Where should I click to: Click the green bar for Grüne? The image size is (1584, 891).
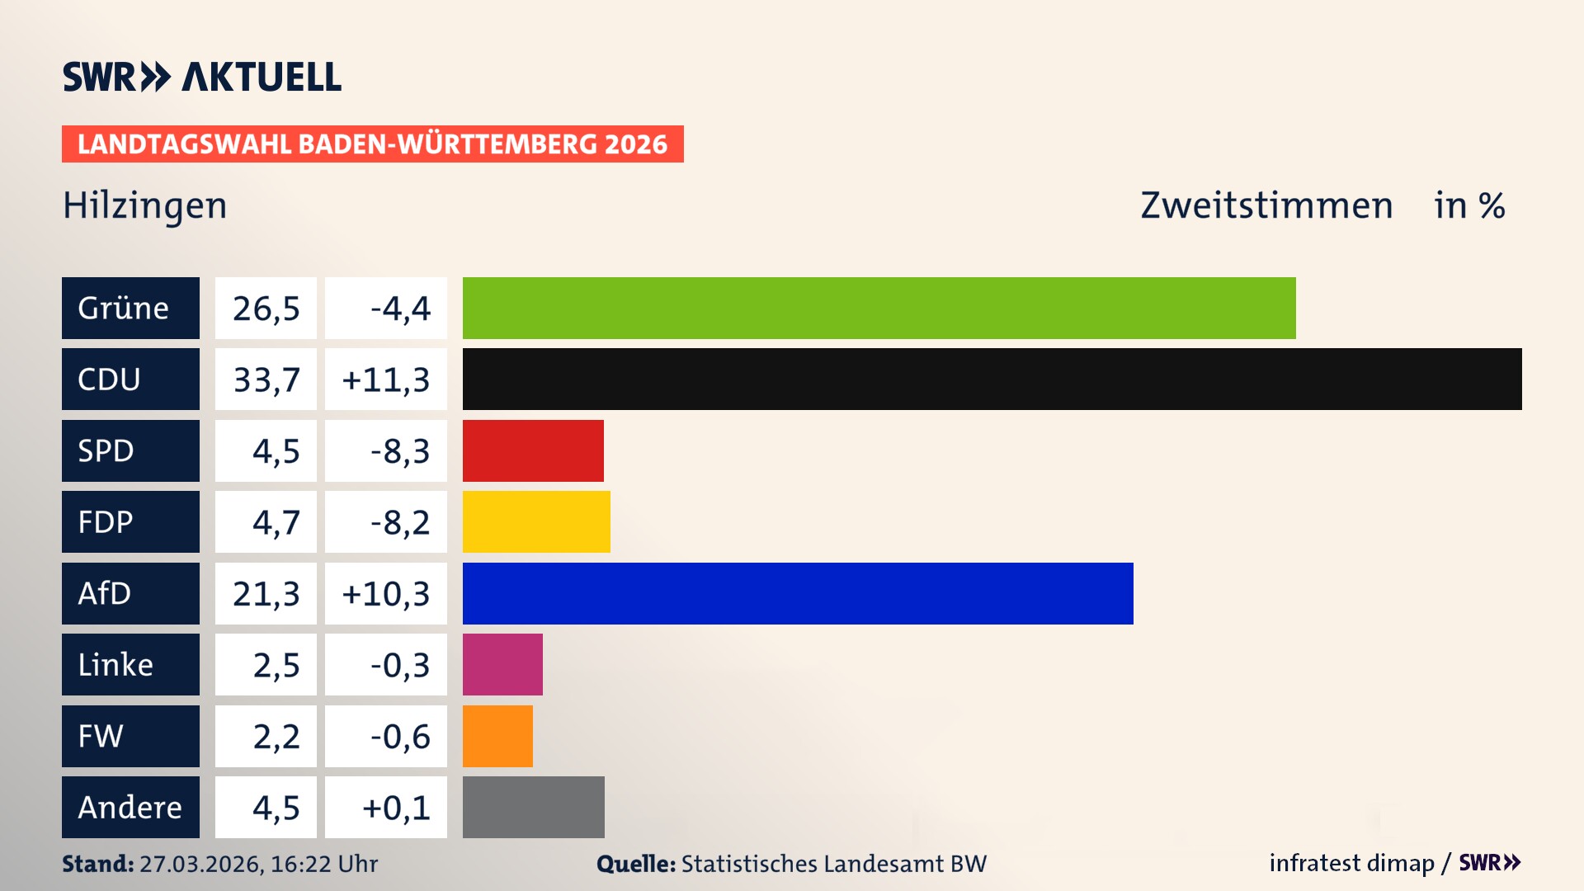tap(879, 308)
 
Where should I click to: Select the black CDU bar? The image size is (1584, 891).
tap(992, 379)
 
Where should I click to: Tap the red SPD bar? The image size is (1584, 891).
tap(533, 450)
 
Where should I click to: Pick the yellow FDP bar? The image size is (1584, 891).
tap(536, 522)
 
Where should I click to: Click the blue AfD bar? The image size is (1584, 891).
tap(798, 593)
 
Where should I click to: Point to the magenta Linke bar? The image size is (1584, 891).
tap(502, 665)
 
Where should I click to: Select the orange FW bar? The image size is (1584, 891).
tap(497, 736)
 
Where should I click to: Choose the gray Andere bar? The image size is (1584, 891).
tap(533, 807)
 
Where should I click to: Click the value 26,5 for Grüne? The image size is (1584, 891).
tap(266, 309)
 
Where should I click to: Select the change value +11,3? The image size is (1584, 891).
tap(385, 379)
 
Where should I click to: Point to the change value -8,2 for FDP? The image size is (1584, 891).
tap(399, 522)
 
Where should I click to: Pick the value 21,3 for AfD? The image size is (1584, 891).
tap(266, 593)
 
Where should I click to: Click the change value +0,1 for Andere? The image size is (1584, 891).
tap(396, 808)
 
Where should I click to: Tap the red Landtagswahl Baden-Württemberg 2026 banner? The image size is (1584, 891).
tap(372, 144)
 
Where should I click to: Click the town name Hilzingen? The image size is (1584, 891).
tap(145, 205)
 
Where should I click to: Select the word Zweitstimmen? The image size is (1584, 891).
tap(1266, 205)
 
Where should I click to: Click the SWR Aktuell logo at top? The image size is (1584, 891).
tap(202, 77)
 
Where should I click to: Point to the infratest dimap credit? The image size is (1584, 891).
tap(1351, 863)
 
